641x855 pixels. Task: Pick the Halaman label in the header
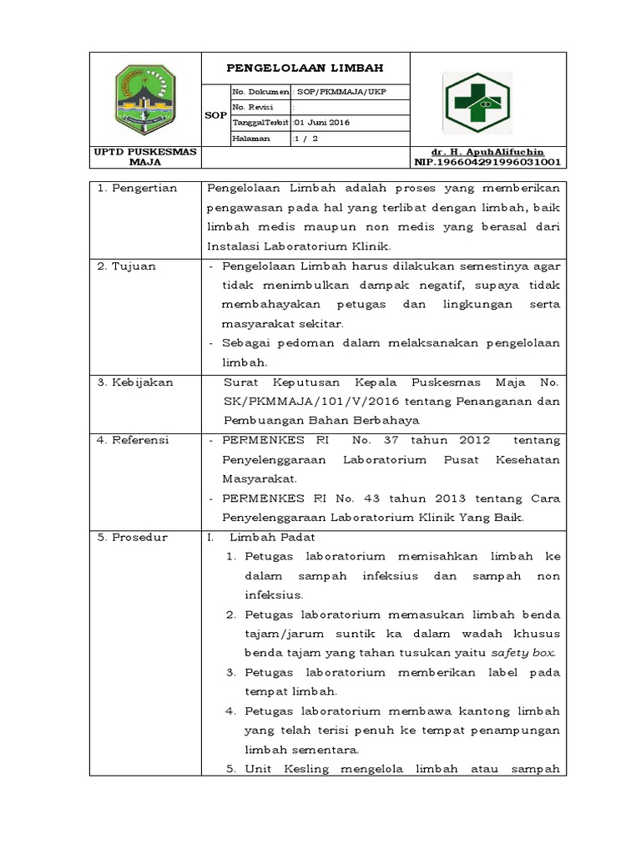(x=250, y=139)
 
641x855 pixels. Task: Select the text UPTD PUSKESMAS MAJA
(x=145, y=157)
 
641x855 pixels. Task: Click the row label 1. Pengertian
(x=138, y=188)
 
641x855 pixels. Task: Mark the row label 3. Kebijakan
(x=135, y=382)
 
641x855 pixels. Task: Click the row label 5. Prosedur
(x=133, y=537)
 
